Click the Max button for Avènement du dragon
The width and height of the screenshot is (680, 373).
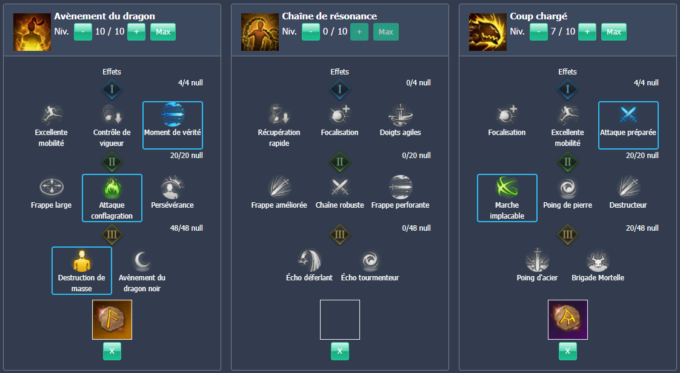163,31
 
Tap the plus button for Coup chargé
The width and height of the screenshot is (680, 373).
587,31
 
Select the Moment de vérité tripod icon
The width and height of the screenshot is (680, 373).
173,115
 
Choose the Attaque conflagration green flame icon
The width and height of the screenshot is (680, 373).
112,188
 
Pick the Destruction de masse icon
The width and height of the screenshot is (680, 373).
82,260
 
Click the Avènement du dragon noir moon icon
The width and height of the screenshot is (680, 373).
142,260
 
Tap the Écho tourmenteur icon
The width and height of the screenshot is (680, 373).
370,260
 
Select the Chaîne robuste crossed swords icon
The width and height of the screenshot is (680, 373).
339,188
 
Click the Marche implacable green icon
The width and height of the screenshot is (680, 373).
507,188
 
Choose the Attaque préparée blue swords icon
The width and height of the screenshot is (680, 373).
628,115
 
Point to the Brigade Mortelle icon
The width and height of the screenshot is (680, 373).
598,260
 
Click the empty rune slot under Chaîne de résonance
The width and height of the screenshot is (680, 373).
339,320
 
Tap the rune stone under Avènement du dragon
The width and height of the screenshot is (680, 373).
112,320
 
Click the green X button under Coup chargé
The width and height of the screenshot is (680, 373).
568,351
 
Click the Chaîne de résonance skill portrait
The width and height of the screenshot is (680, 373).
260,32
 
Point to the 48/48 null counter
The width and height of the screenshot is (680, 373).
187,228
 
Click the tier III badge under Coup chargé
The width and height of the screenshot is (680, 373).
568,234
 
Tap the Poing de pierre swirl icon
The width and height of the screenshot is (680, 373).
568,188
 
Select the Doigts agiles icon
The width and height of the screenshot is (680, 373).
400,115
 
